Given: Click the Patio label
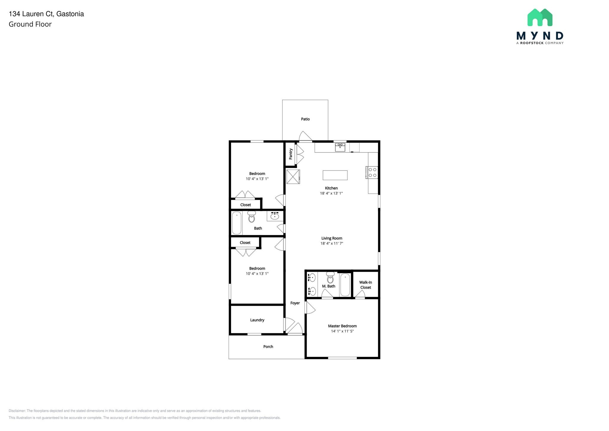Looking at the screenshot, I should [x=305, y=119].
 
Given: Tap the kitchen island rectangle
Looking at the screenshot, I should [x=335, y=175].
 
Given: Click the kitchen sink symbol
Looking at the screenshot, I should [x=340, y=147].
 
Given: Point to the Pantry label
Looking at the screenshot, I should [x=291, y=154].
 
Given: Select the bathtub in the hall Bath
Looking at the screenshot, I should [x=237, y=223].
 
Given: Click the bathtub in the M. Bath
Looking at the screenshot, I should [x=345, y=285].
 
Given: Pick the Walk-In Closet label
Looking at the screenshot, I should [x=365, y=285].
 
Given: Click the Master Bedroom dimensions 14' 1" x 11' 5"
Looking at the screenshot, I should [x=342, y=331].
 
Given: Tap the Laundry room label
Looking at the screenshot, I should [x=257, y=320].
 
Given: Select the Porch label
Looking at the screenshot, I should [x=268, y=346].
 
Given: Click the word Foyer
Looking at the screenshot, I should [x=295, y=303].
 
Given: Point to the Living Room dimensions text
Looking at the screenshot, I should [x=332, y=243].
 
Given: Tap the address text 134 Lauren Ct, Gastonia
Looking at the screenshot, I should [x=46, y=14].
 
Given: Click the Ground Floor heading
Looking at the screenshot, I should [x=30, y=24].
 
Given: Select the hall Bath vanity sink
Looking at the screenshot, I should [x=274, y=216].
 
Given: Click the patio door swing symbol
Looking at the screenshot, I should [x=305, y=136].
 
